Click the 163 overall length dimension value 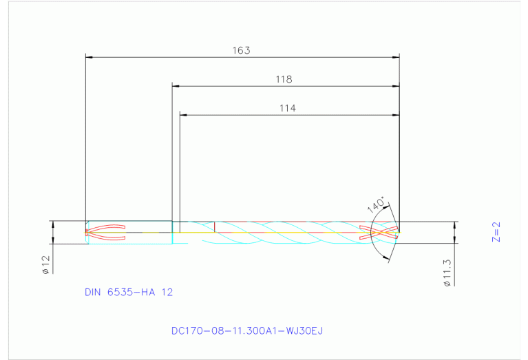241,50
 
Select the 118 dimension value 284,79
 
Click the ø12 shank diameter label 45,265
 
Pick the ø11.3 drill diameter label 447,273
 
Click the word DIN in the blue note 93,292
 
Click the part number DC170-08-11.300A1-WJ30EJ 246,330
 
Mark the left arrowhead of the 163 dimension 87,57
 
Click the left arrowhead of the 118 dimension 176,86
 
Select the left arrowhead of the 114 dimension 183,114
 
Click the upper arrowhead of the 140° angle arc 387,204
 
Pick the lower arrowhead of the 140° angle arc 387,260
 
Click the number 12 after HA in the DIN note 167,292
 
